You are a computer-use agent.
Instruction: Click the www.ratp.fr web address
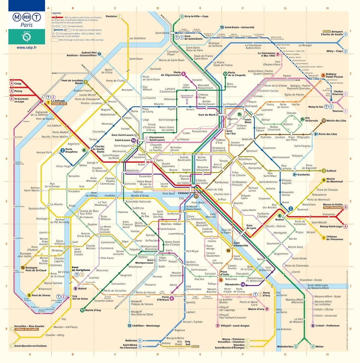point(27,47)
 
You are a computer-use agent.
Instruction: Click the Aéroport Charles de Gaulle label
point(332,33)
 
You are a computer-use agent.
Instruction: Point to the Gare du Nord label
point(207,115)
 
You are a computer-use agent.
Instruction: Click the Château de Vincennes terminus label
point(335,238)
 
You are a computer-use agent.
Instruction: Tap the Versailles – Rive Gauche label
point(29,326)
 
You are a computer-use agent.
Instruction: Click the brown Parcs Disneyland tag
point(332,208)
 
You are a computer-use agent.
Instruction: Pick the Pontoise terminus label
point(111,16)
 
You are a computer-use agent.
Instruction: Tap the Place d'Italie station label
point(225,273)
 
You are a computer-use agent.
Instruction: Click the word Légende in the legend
point(56,13)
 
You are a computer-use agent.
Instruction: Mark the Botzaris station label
point(288,124)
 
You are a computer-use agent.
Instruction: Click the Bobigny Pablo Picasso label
point(334,75)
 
